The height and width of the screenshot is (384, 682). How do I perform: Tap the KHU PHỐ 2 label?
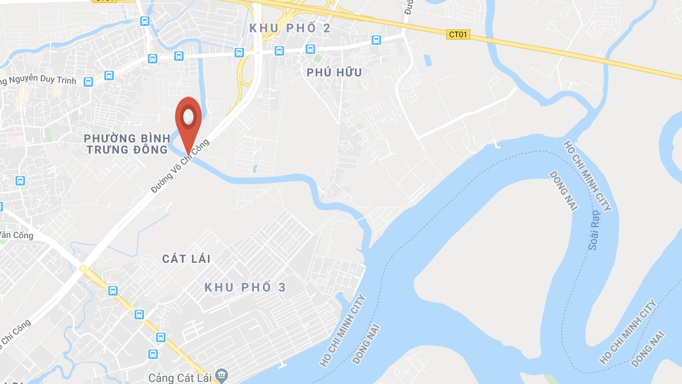[x=290, y=28]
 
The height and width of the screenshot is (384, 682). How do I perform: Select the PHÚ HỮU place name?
[x=334, y=72]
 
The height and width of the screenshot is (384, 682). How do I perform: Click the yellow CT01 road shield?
[x=458, y=35]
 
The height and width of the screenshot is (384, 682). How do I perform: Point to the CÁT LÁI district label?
[x=186, y=259]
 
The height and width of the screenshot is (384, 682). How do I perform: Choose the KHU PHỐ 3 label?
[x=244, y=287]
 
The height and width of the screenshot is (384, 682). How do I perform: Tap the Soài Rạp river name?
[x=594, y=230]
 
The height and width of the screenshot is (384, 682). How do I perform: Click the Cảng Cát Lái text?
[x=180, y=378]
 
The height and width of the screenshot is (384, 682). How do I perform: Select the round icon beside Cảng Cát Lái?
[x=222, y=375]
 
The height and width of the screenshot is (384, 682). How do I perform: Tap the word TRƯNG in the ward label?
[x=107, y=150]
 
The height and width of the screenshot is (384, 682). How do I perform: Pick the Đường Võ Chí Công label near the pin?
[x=180, y=166]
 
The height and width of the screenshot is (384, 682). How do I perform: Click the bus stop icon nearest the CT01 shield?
[x=376, y=41]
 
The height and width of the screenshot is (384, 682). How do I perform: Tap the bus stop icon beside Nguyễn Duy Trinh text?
[x=88, y=82]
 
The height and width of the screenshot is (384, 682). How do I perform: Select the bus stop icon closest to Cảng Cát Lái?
[x=153, y=354]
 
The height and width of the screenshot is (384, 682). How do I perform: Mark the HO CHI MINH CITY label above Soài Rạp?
[x=587, y=176]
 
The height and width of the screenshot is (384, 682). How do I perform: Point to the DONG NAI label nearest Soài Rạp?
[x=563, y=190]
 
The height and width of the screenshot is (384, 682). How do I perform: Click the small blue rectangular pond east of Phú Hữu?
[x=428, y=60]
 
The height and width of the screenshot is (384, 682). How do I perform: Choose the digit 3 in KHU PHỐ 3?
[x=282, y=287]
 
